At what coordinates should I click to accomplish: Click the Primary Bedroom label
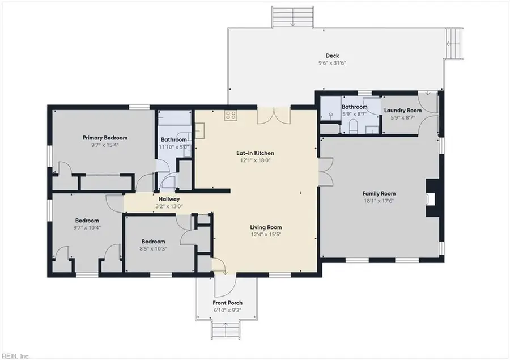105,137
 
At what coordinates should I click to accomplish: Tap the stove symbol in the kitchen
231,115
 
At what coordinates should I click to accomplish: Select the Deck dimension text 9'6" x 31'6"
332,63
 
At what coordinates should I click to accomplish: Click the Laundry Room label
402,110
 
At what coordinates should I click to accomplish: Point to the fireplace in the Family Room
432,199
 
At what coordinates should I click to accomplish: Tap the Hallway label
169,199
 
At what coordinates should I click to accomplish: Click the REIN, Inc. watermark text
17,355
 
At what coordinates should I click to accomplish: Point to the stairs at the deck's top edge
293,18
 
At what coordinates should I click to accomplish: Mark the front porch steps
224,329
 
